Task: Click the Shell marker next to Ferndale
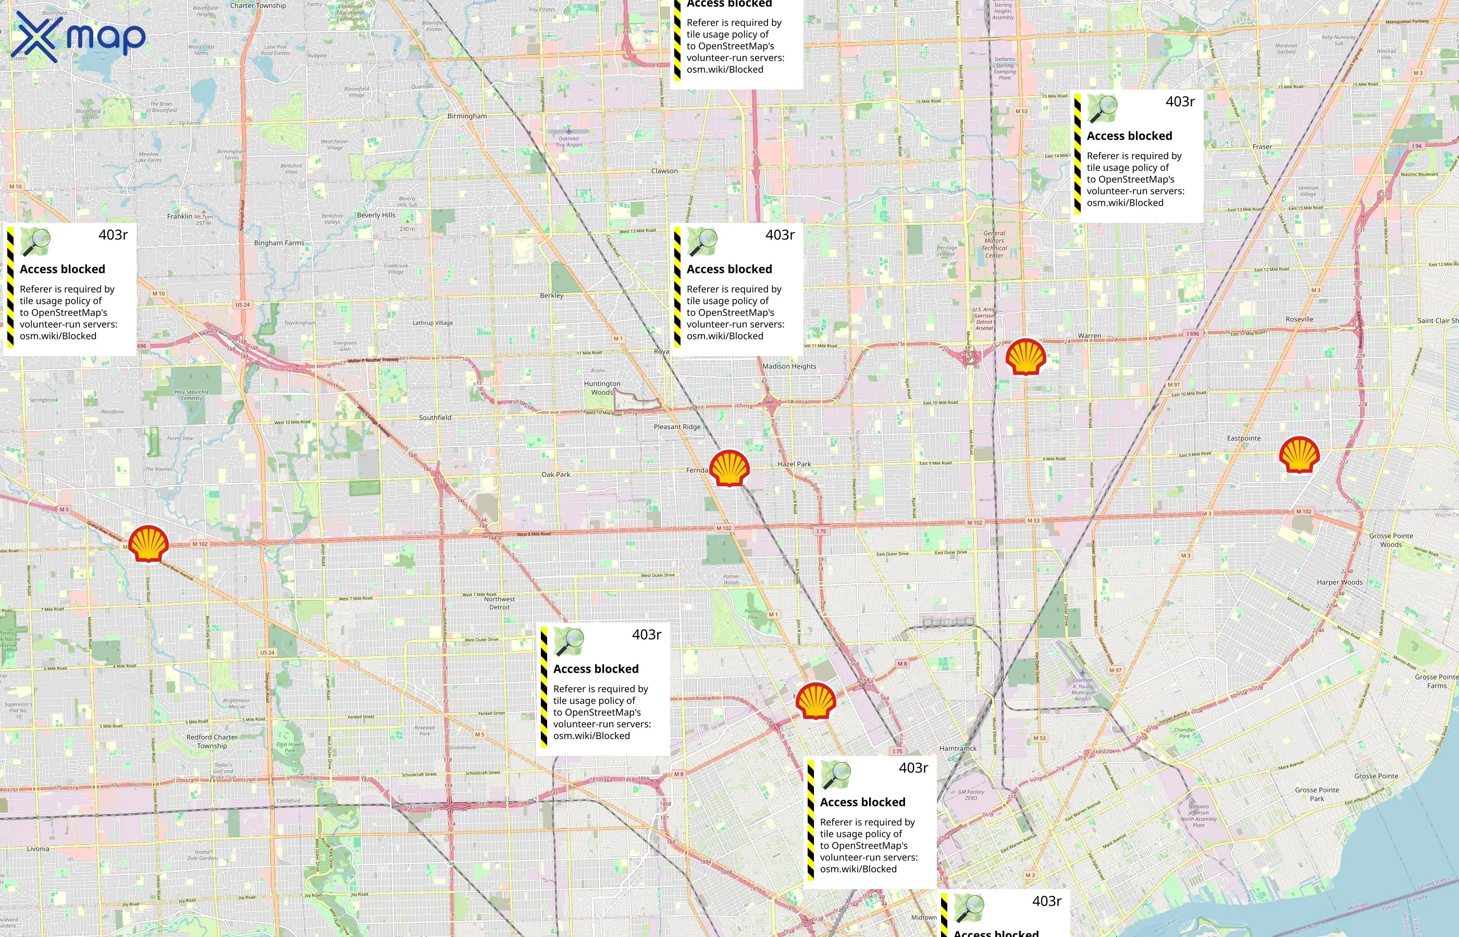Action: [729, 468]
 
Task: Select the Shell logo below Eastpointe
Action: [1299, 454]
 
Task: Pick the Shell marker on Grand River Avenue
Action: [149, 543]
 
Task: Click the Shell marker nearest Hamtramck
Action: [815, 701]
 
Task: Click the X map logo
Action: [78, 36]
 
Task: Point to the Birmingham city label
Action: [467, 116]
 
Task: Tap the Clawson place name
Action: [664, 171]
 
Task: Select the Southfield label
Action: [435, 418]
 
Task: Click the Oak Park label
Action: [556, 475]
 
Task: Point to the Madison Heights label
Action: [789, 366]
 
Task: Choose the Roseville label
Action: [1300, 320]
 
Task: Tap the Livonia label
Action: [38, 849]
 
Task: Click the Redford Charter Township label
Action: [212, 741]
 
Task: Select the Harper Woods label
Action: [1340, 583]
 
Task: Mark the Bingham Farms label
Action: [279, 243]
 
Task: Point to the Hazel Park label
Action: [794, 464]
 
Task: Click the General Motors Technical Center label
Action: [994, 244]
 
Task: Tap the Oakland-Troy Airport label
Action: [571, 142]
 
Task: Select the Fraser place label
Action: [1263, 147]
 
